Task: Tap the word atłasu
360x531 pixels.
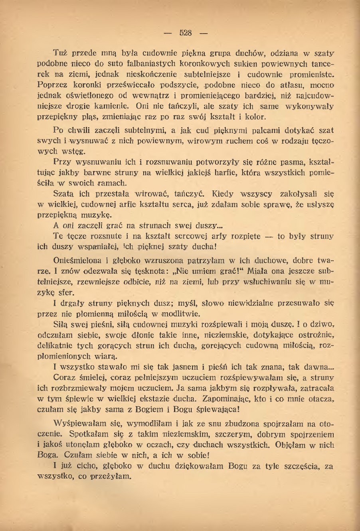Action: [x=282, y=85]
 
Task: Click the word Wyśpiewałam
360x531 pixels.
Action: [x=80, y=423]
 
